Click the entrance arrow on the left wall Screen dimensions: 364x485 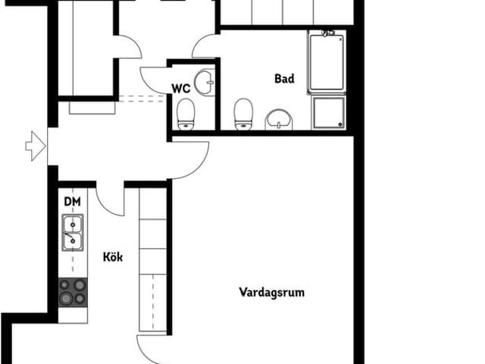[x=35, y=146]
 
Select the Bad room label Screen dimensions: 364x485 [x=283, y=78]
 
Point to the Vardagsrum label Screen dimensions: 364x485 [x=271, y=292]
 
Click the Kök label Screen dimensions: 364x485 [x=112, y=256]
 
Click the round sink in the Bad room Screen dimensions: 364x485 [x=279, y=120]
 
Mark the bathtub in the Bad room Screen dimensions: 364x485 [x=327, y=62]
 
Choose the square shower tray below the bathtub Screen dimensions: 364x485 [x=328, y=112]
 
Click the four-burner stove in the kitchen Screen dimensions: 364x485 [x=73, y=292]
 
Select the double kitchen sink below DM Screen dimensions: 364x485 [x=73, y=233]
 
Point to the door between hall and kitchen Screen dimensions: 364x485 [x=111, y=201]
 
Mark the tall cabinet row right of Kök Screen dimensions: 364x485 [x=152, y=258]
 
